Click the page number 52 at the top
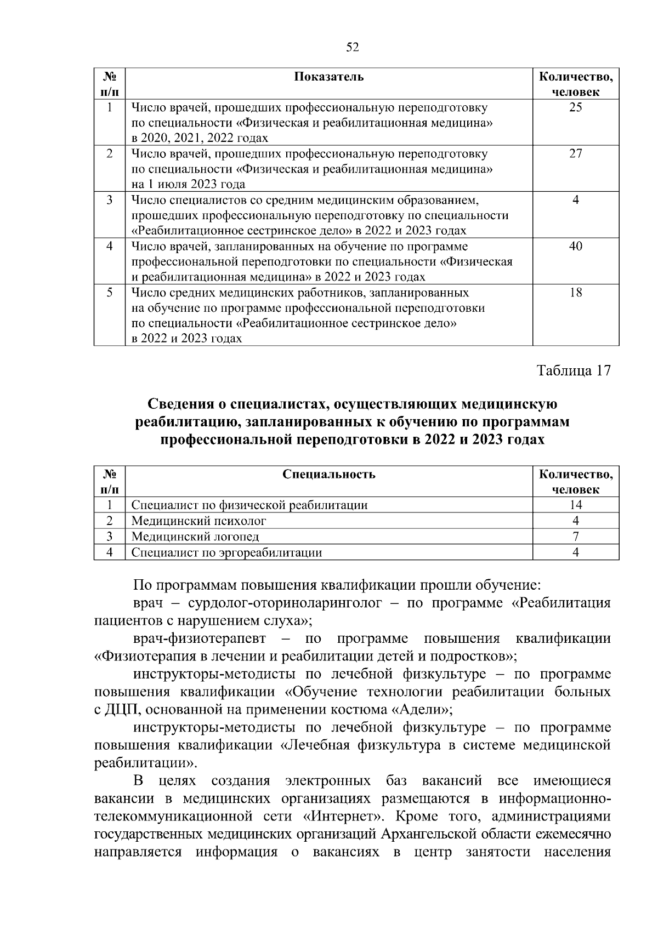click(x=353, y=48)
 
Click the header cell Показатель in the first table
click(x=328, y=77)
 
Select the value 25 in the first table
click(x=575, y=107)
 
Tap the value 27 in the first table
click(x=575, y=153)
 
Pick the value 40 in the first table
click(x=575, y=246)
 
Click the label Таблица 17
click(x=573, y=370)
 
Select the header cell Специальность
click(x=329, y=474)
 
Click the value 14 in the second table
click(x=575, y=505)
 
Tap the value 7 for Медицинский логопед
click(x=575, y=537)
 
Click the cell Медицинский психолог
click(x=198, y=521)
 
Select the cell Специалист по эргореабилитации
click(x=226, y=552)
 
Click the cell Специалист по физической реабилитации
click(x=249, y=505)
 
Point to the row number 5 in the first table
click(x=110, y=292)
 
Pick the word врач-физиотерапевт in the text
click(x=199, y=638)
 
